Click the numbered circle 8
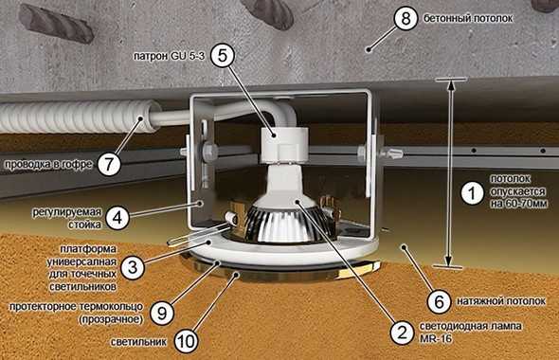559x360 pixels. click(x=406, y=18)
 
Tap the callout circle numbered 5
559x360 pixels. click(x=223, y=55)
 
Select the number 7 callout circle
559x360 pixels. click(x=109, y=164)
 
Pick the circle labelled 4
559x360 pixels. click(x=117, y=217)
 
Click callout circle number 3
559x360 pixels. click(x=133, y=266)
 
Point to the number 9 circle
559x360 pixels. click(x=162, y=313)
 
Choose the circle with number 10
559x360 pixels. click(x=186, y=341)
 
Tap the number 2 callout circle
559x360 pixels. click(x=403, y=333)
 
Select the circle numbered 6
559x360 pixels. click(x=440, y=301)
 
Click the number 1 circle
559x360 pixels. click(x=473, y=193)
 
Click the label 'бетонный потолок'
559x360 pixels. click(x=468, y=19)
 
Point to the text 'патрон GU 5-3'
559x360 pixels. click(x=170, y=56)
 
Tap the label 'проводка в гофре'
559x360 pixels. click(x=48, y=165)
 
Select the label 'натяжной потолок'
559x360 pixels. click(x=501, y=301)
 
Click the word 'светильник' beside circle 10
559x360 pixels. click(x=138, y=342)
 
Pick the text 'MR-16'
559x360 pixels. click(x=436, y=338)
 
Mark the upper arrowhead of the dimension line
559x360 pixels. click(x=451, y=86)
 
